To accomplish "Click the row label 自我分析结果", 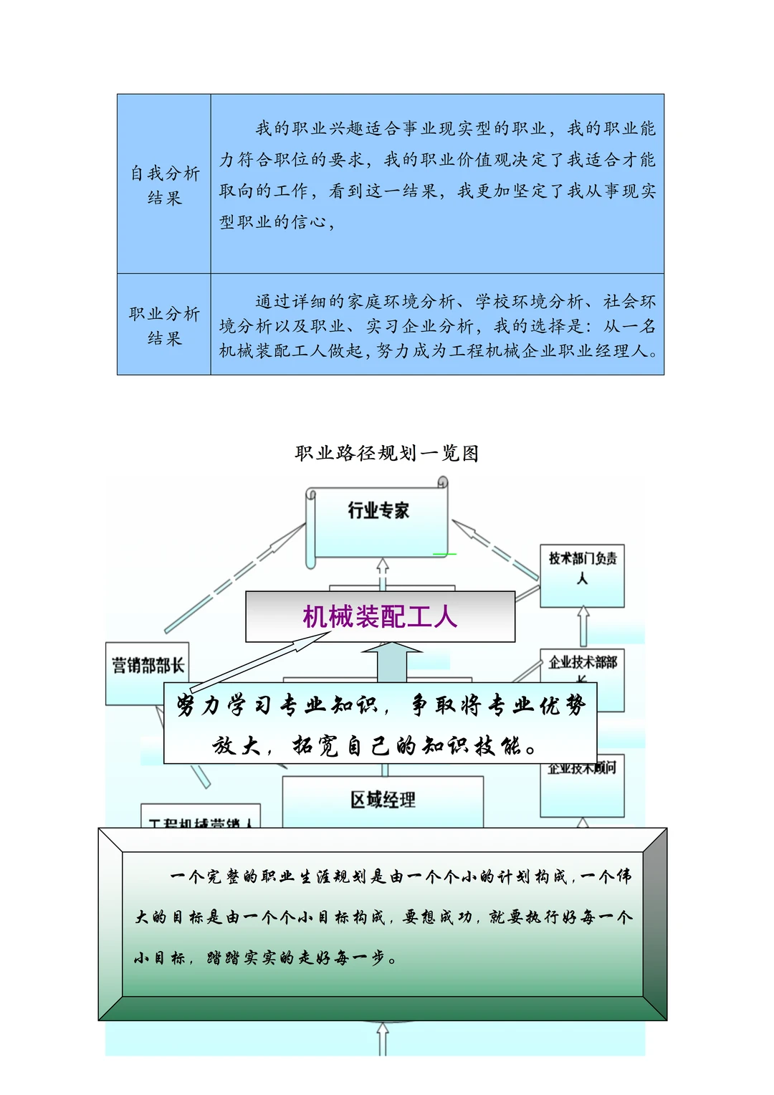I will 164,185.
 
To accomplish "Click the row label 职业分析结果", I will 164,325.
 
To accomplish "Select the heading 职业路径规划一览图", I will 386,453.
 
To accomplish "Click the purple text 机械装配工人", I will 380,616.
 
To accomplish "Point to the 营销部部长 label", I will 147,665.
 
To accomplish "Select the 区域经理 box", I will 383,800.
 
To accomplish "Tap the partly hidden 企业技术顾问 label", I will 582,769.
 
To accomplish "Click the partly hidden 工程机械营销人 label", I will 200,822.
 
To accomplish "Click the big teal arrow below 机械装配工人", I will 391,661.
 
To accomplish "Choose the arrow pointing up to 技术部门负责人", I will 583,626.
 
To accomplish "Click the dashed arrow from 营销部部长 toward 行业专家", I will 236,577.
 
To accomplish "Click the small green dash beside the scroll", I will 444,554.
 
